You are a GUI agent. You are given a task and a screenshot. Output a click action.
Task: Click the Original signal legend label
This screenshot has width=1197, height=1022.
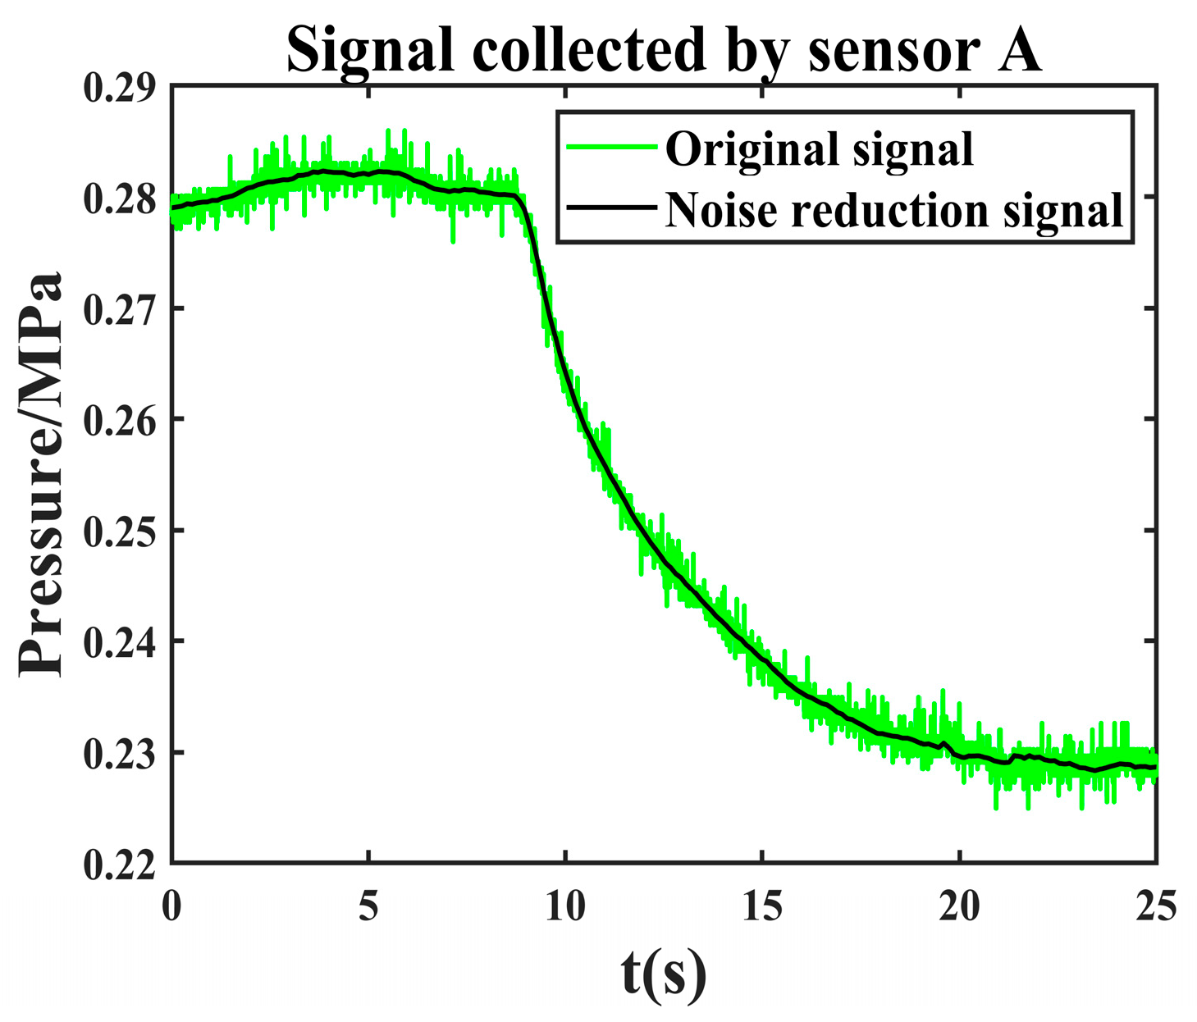(819, 149)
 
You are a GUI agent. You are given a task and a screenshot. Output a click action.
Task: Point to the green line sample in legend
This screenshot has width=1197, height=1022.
(612, 148)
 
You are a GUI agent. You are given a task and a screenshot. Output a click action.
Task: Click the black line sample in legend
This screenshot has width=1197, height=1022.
(612, 208)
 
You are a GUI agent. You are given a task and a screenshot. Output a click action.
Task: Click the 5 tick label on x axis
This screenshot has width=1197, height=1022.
(368, 907)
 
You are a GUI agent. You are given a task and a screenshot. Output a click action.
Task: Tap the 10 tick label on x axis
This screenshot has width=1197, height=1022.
(565, 907)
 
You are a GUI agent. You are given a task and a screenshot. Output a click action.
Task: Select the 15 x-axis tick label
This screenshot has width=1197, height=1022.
(762, 907)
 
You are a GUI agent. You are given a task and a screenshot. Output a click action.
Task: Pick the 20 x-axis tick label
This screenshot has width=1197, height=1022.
(959, 907)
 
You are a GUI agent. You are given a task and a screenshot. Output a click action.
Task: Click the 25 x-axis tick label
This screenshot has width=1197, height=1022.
(1156, 907)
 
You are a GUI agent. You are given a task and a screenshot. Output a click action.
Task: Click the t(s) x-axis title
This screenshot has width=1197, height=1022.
(663, 974)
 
